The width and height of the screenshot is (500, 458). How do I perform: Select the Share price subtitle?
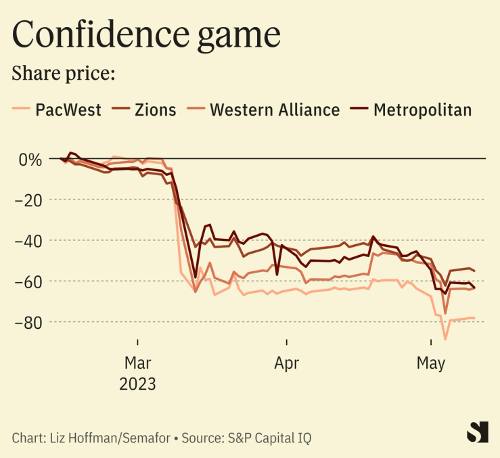64,72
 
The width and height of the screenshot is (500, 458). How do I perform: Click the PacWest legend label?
68,110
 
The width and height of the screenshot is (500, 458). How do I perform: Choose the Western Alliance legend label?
275,110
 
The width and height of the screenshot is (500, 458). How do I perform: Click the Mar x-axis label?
138,363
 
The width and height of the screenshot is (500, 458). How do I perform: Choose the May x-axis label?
431,363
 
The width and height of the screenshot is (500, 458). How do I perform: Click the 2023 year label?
138,384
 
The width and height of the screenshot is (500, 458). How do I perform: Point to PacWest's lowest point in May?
445,339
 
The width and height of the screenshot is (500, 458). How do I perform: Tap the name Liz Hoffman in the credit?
82,438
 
